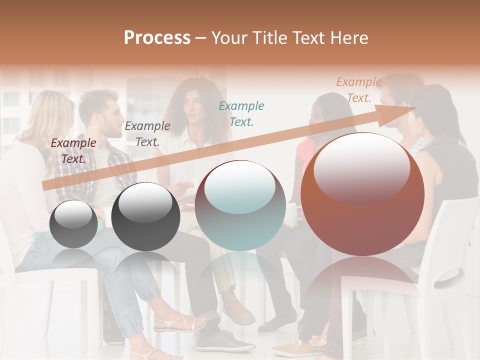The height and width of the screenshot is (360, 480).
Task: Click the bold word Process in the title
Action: (157, 38)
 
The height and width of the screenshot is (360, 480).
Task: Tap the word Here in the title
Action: (349, 38)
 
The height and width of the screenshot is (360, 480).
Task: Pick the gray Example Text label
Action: (147, 134)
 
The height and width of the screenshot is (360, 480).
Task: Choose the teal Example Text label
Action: (241, 113)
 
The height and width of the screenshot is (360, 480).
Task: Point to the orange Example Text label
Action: (358, 90)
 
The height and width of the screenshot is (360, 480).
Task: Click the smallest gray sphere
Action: (73, 224)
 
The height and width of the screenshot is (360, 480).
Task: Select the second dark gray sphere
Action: (145, 216)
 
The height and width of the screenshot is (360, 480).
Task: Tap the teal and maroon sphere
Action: (240, 205)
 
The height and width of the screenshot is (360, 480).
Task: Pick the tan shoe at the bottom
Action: (290, 347)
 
